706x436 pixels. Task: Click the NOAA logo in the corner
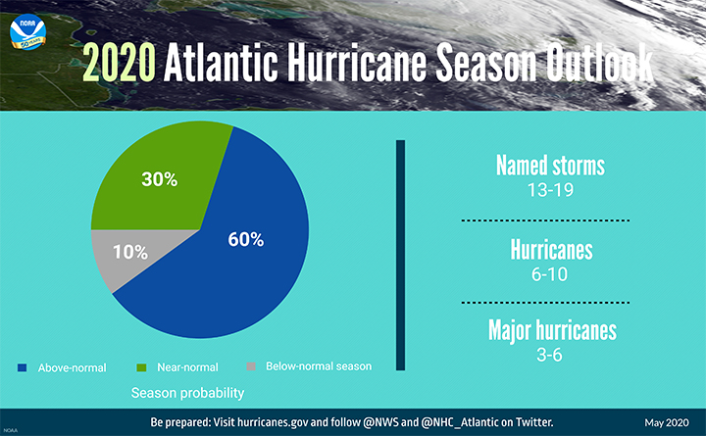point(27,32)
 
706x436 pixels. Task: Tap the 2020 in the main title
point(120,63)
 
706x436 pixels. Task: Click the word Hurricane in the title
point(357,62)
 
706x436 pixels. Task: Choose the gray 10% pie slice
point(130,254)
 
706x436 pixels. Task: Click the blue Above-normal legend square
point(22,367)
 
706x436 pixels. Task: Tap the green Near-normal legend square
point(141,367)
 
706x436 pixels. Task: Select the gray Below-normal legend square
point(251,366)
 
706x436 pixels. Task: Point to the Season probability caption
point(187,393)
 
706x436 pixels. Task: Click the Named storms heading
point(550,166)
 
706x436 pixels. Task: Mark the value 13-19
point(550,190)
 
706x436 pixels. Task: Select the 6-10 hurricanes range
point(550,274)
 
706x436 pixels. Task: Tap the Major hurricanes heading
point(552,331)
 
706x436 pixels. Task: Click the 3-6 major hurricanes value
point(550,355)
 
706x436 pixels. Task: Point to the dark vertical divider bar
point(400,255)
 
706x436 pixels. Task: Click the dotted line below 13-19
point(545,220)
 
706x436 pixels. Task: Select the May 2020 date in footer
point(667,423)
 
